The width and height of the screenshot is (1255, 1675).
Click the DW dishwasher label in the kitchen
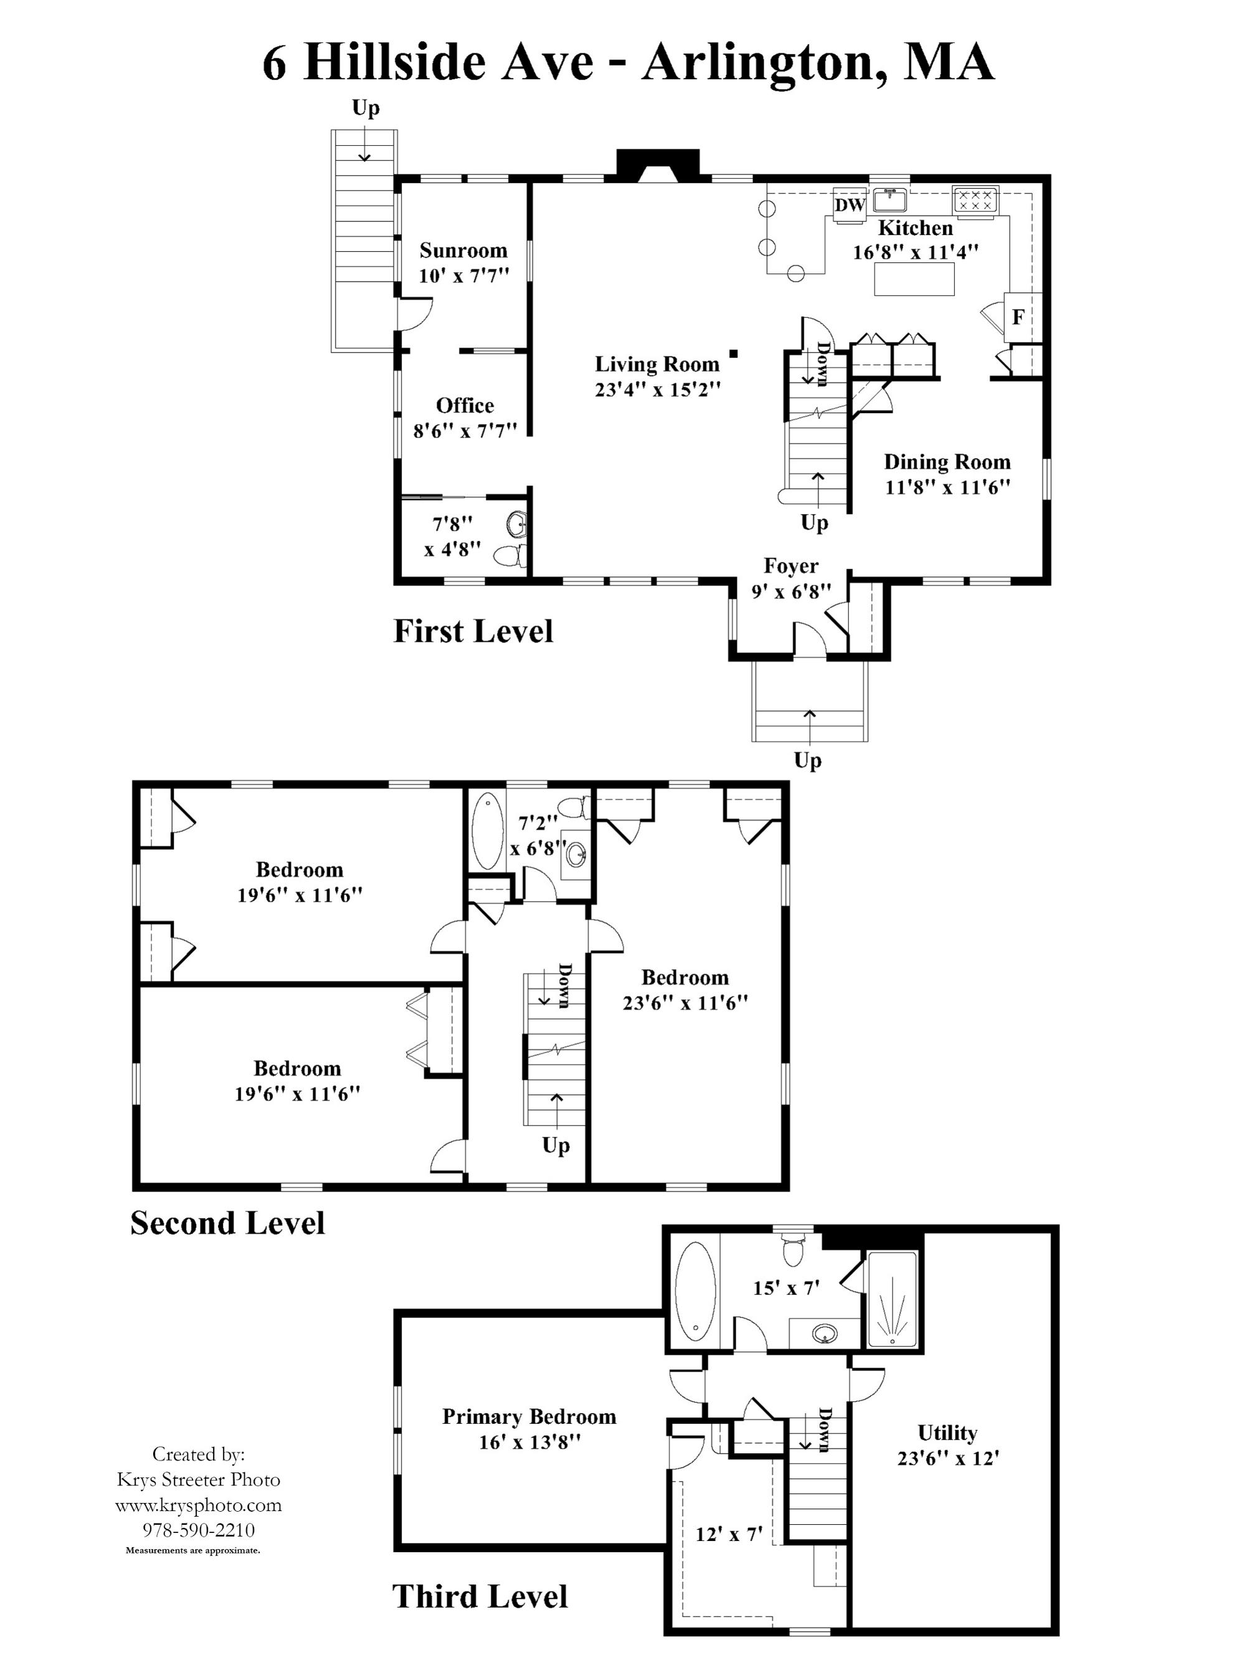click(x=850, y=204)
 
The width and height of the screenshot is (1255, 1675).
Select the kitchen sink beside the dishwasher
click(x=890, y=200)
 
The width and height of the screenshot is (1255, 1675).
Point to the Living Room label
click(x=657, y=365)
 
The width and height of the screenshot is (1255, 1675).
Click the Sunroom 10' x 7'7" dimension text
click(x=463, y=275)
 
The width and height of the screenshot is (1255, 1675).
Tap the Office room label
click(x=465, y=405)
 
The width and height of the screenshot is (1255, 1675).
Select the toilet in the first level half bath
click(x=509, y=556)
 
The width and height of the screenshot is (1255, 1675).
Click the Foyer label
click(x=790, y=566)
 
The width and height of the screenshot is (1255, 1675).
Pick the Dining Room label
click(x=947, y=462)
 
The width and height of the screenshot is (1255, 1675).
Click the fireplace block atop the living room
click(x=657, y=165)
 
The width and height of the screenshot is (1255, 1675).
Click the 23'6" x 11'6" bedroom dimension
click(x=685, y=1003)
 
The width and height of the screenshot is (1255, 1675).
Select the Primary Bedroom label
click(x=529, y=1417)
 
